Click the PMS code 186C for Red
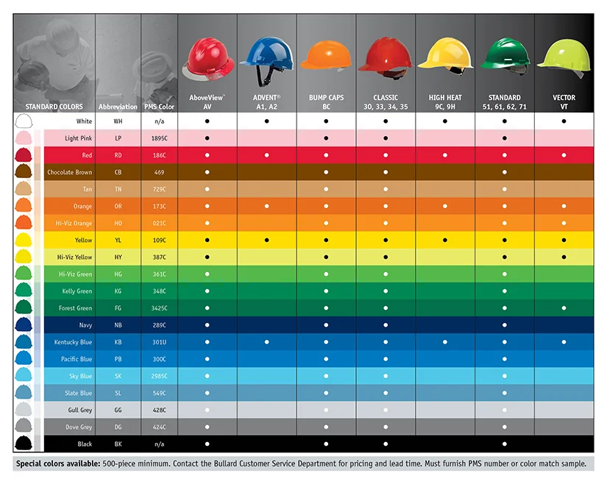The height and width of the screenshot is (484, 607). pos(159,155)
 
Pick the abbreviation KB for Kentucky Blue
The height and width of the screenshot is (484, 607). pos(118,342)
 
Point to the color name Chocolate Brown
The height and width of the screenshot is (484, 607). pos(70,173)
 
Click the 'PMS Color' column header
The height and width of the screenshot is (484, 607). pos(159,107)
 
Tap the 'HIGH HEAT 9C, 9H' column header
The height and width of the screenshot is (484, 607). pos(445,102)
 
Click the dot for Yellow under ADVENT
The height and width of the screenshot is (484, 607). pos(266,241)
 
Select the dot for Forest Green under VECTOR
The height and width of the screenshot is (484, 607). pos(564,308)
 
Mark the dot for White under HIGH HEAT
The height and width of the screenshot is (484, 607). pos(445,121)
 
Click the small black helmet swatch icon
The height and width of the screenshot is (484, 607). pos(24,444)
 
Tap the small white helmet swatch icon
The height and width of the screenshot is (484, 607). pos(24,121)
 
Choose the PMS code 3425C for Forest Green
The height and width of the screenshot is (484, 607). pos(159,308)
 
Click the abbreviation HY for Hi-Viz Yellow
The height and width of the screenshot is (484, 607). pos(118,257)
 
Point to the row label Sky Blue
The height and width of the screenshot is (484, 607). pos(77,376)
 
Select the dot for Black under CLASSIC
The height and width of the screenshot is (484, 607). pos(386,444)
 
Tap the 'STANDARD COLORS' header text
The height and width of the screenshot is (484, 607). pos(54,107)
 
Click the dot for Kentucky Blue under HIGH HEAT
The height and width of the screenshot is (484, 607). pos(445,342)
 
